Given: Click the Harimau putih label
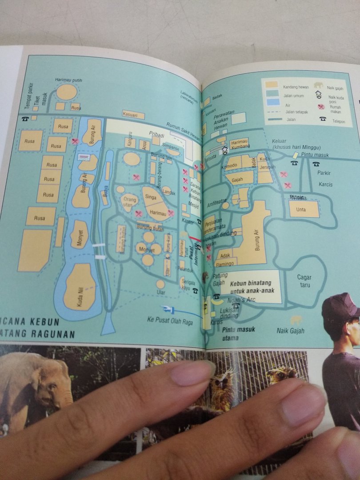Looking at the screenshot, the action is (x=68, y=80).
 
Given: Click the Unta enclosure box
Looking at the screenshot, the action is (x=304, y=209).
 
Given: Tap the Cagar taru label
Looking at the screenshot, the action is (x=304, y=281).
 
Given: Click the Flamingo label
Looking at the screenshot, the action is (x=224, y=264).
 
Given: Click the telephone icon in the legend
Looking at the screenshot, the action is (x=322, y=119).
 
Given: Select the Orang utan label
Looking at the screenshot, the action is (x=129, y=202).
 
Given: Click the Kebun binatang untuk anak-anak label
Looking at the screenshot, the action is (x=252, y=287).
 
